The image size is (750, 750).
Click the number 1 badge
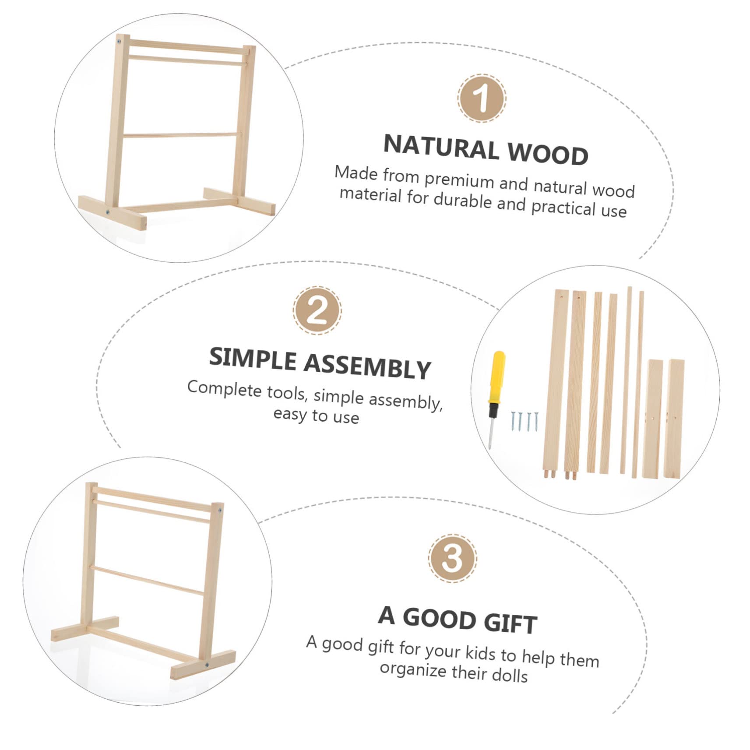pyautogui.click(x=482, y=99)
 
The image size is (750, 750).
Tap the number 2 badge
pyautogui.click(x=317, y=310)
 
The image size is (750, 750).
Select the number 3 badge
pyautogui.click(x=452, y=558)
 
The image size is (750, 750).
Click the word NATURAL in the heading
pyautogui.click(x=441, y=147)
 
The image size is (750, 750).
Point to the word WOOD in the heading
pyautogui.click(x=548, y=155)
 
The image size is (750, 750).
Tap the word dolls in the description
pyautogui.click(x=509, y=675)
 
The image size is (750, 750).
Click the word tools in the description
pyautogui.click(x=286, y=392)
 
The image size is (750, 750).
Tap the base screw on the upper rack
pyautogui.click(x=107, y=212)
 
